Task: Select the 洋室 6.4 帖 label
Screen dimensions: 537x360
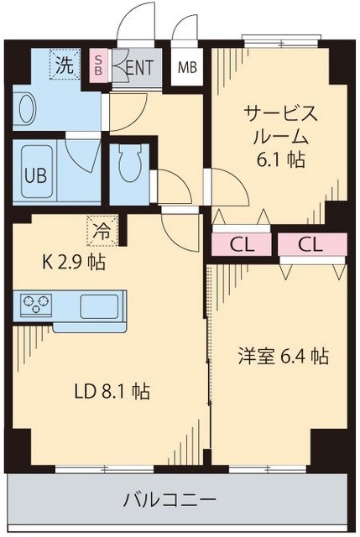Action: (280, 356)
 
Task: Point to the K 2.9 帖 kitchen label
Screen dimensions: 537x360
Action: (73, 262)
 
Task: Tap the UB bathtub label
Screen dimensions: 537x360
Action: (34, 176)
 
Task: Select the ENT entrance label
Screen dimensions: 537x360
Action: (138, 68)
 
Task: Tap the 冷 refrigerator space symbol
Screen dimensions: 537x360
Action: (100, 227)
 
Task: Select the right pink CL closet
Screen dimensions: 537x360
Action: (310, 245)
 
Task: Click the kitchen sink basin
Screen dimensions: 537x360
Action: (102, 305)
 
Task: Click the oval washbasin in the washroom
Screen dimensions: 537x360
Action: (26, 108)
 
